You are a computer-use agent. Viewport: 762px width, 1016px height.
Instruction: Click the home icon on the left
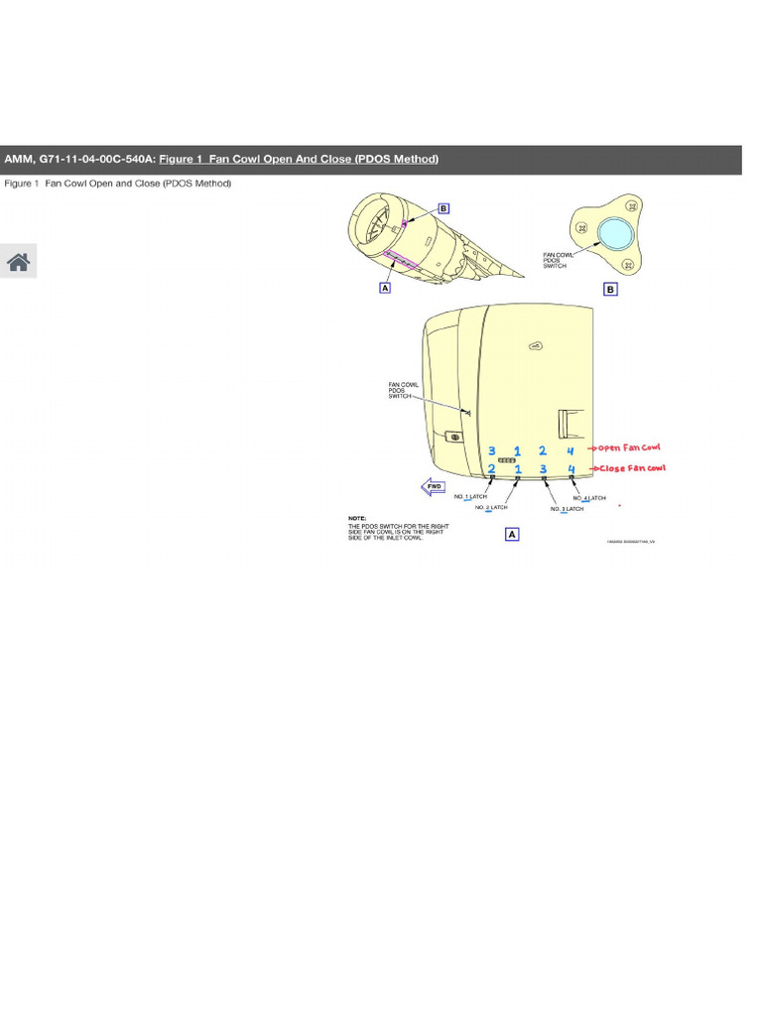pos(18,261)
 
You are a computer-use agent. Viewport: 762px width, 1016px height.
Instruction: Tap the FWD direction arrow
pos(434,486)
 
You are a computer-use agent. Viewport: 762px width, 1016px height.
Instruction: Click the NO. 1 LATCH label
pos(471,496)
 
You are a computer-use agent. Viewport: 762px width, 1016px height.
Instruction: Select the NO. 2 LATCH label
pos(493,507)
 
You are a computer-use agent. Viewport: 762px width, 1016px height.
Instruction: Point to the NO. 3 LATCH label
pos(568,509)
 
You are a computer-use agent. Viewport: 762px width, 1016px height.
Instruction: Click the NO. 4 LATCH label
pos(589,497)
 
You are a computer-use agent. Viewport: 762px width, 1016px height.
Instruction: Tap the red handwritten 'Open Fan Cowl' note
pos(627,447)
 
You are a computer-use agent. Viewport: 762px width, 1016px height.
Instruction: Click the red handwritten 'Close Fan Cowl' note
pos(627,468)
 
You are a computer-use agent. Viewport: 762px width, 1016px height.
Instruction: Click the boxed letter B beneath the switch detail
pos(610,290)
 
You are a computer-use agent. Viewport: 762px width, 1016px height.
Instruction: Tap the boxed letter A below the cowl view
pos(512,534)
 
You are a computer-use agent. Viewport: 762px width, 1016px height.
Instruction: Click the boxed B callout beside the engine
pos(444,208)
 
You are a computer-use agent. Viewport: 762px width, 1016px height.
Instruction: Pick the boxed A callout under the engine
pos(384,288)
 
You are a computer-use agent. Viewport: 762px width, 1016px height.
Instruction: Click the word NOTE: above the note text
pos(357,518)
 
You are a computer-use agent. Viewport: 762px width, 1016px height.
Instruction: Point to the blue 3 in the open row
pos(492,451)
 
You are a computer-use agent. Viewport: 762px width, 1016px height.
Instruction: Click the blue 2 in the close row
pos(492,468)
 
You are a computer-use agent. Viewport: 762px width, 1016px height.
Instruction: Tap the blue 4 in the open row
pos(571,451)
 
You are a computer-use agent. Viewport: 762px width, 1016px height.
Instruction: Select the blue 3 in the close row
pos(543,468)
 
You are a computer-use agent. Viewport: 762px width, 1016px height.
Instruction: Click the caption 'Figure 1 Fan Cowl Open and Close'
pos(118,185)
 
